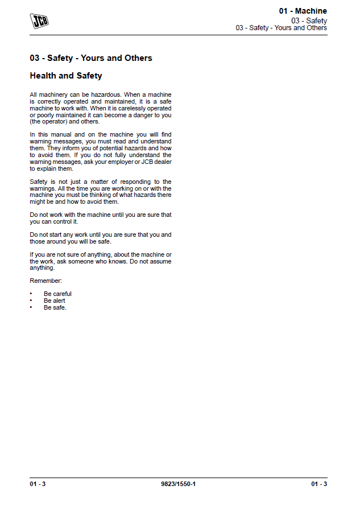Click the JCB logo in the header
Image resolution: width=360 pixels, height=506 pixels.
coord(39,22)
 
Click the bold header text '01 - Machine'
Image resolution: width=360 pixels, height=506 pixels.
coord(303,11)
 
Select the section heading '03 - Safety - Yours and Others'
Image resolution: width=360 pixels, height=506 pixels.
coord(91,58)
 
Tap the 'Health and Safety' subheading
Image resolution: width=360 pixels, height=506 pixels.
coord(66,76)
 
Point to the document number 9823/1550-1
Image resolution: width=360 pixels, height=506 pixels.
coord(179,484)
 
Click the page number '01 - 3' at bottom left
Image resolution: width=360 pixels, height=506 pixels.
coord(38,484)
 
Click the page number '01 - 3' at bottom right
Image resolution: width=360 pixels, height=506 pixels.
coord(319,484)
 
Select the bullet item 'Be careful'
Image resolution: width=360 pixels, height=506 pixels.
coord(57,294)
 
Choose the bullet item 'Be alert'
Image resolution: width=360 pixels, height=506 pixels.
coord(55,301)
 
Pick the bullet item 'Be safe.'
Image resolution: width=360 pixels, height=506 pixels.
coord(55,307)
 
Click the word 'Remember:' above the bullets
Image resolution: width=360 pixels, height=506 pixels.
coord(45,281)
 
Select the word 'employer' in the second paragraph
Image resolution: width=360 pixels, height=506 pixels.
coord(116,162)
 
